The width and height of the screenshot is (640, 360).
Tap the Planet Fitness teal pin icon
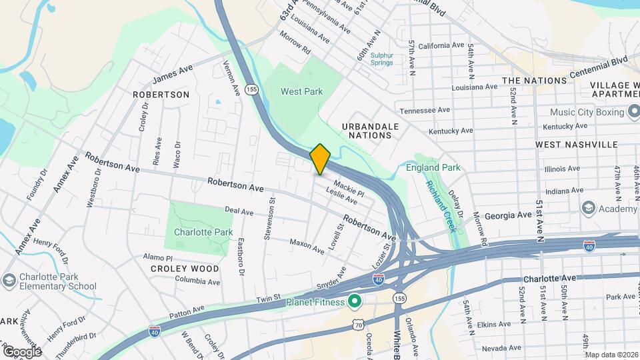point(354,303)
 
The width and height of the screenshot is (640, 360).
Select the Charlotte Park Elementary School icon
point(9,281)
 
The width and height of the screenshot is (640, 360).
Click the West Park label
point(301,91)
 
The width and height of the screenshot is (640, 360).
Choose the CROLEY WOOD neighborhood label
point(185,269)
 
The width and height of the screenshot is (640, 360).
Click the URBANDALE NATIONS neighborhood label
point(370,131)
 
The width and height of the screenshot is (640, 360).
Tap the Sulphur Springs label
point(381,59)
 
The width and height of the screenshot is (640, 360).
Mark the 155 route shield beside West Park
point(251,89)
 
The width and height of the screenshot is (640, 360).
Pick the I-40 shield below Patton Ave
point(155,331)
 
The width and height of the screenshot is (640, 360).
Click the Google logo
point(22,351)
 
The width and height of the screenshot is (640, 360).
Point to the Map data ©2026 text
point(611,354)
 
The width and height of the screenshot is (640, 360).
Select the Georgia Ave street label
point(508,215)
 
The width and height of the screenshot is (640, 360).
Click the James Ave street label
point(172,74)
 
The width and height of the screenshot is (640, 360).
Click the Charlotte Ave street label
point(539,279)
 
